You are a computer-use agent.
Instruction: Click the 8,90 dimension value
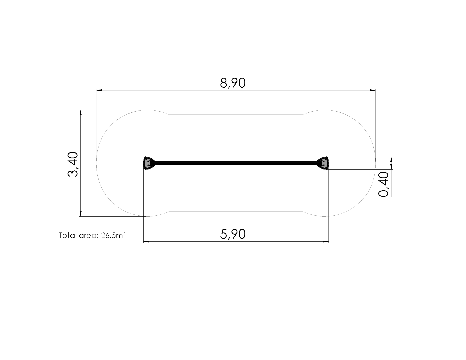(x=233, y=83)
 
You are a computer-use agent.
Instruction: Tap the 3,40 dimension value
(x=73, y=164)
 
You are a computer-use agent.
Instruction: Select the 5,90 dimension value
(x=233, y=234)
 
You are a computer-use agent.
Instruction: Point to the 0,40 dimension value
(x=383, y=184)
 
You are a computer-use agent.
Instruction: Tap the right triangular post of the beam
(x=323, y=163)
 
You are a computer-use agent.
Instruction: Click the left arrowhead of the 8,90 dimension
(x=99, y=90)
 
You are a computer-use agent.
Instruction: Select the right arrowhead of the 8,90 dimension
(x=373, y=90)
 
